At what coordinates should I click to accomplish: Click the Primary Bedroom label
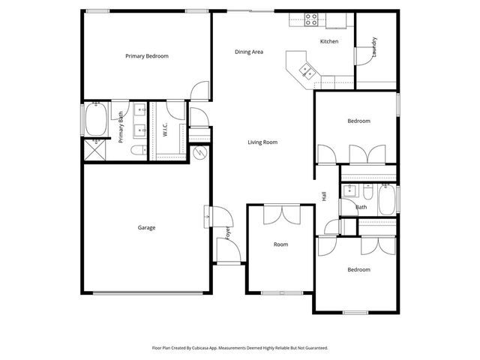(x=147, y=56)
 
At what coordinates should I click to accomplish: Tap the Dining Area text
(x=249, y=52)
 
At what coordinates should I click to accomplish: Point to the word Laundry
(x=373, y=47)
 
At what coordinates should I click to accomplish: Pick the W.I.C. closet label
(x=164, y=130)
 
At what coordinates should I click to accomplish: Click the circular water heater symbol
(x=199, y=152)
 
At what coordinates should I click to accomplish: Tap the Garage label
(x=146, y=227)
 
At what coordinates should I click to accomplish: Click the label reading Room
(x=280, y=244)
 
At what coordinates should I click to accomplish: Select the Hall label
(x=324, y=196)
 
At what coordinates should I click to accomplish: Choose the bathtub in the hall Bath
(x=387, y=199)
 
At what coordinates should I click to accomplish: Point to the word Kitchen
(x=329, y=41)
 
